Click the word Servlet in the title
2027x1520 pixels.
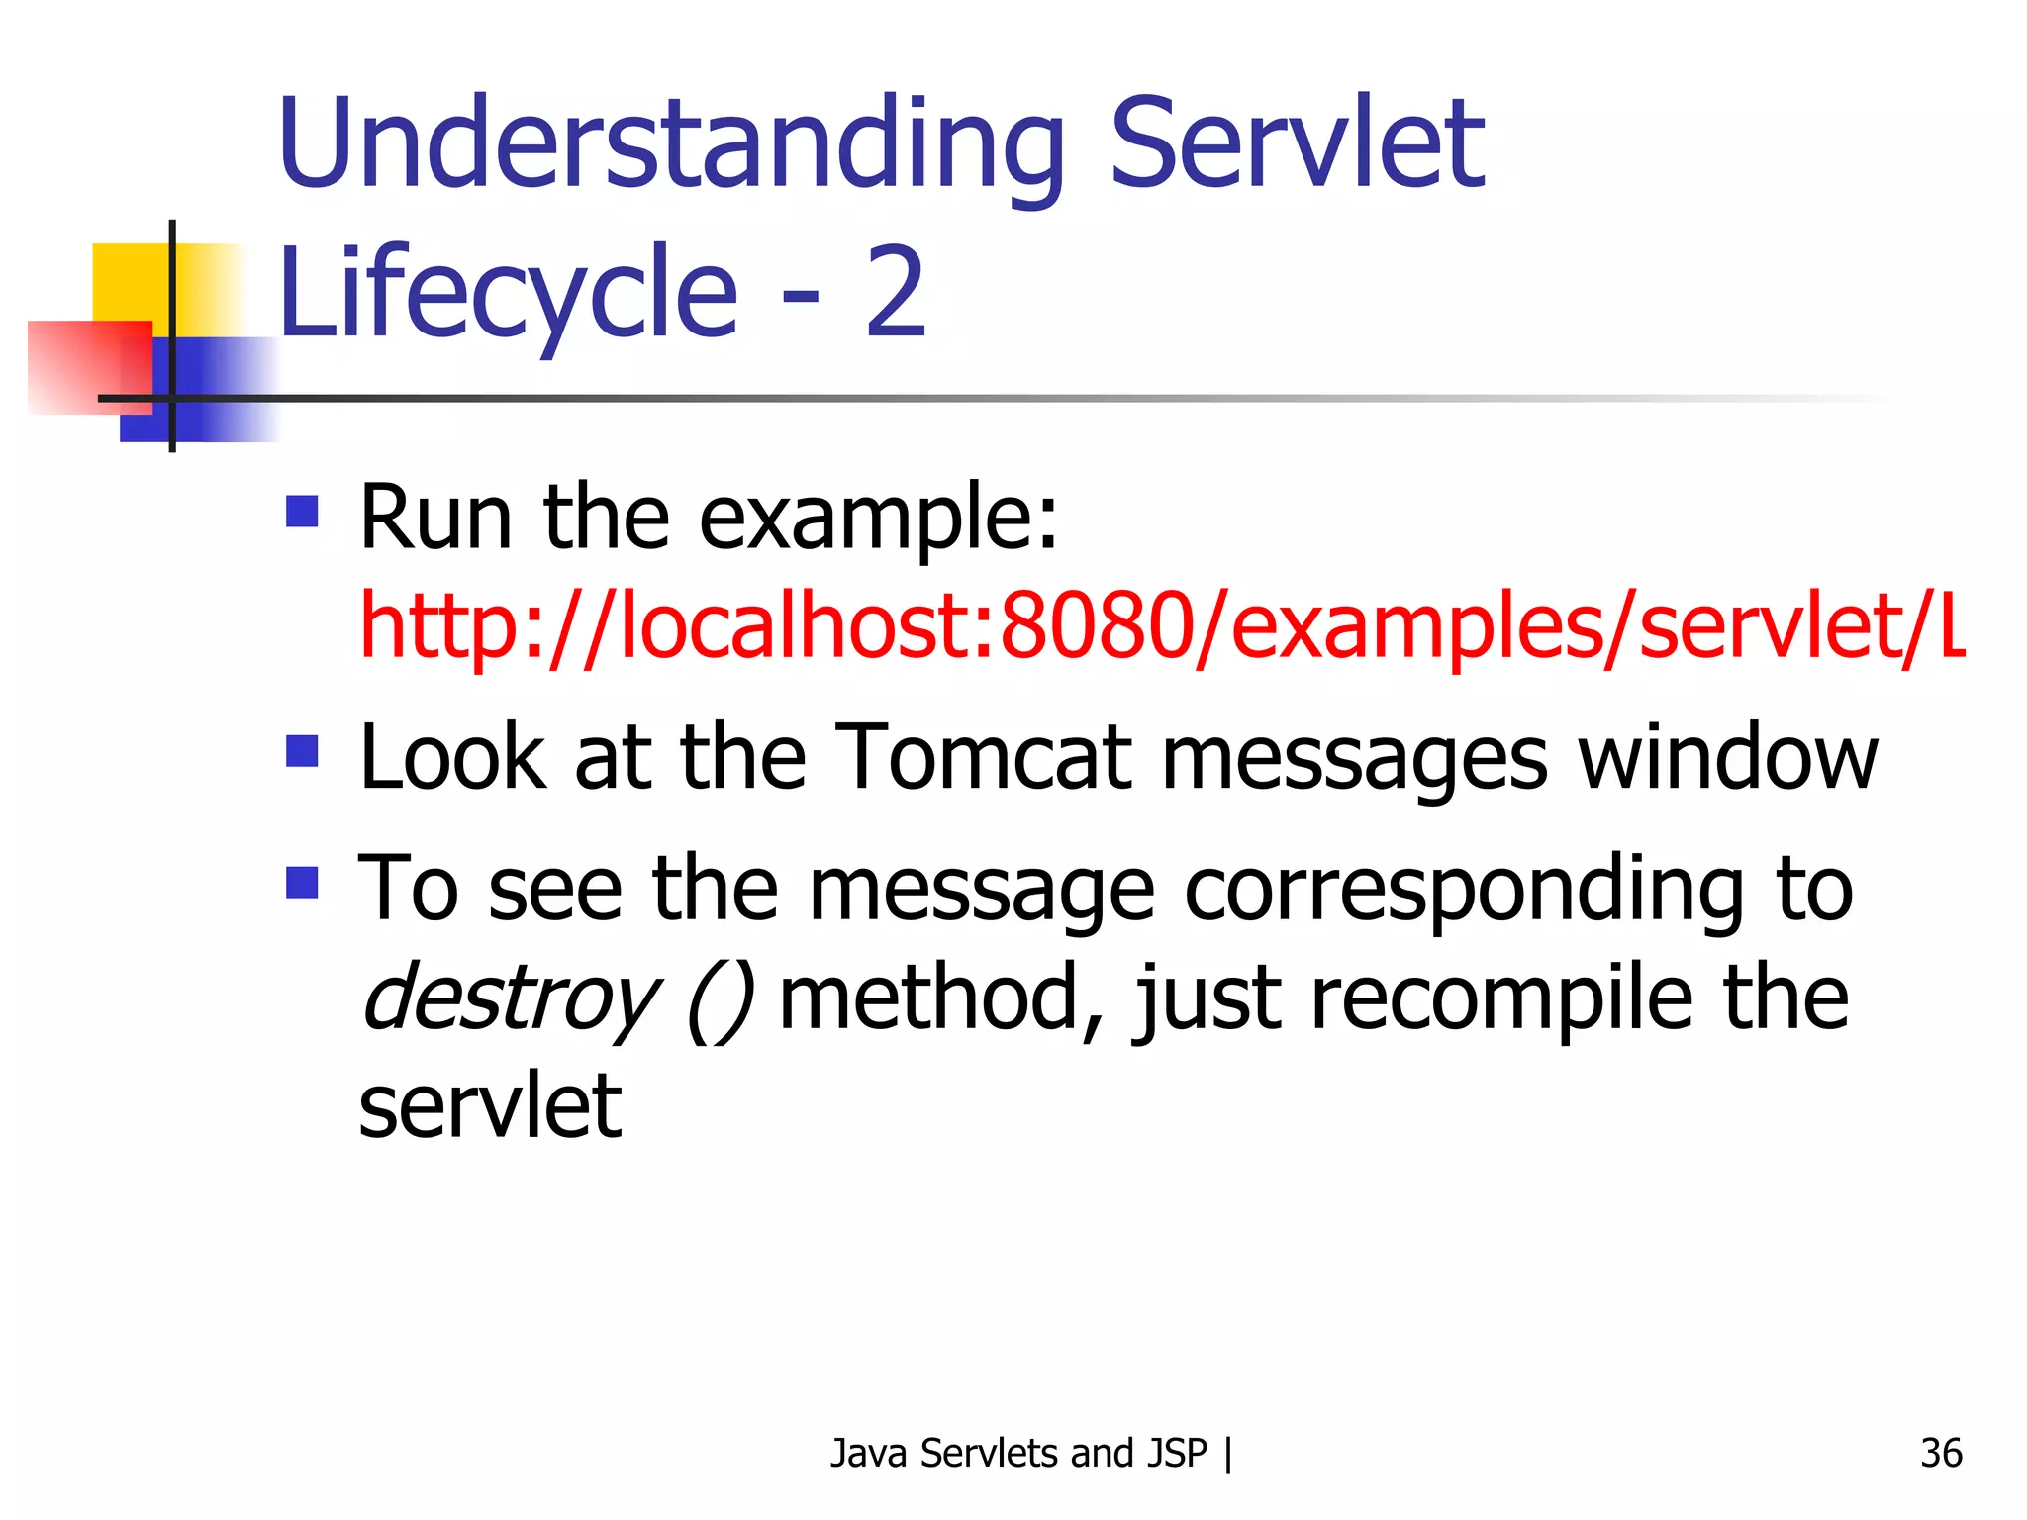click(1297, 143)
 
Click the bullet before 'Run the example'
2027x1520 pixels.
click(302, 512)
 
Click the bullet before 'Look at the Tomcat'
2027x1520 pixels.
click(302, 751)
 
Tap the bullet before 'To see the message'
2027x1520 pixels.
click(302, 882)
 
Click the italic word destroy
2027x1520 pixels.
click(511, 997)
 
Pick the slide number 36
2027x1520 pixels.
click(1940, 1453)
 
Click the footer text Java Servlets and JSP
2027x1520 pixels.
click(1018, 1453)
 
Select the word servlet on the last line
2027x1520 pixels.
click(490, 1105)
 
